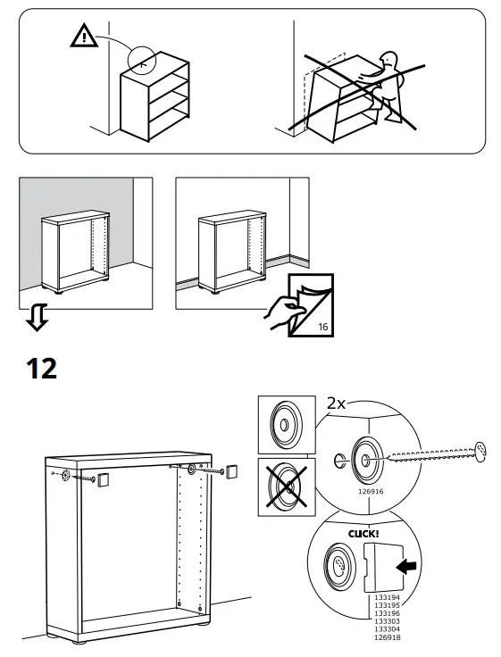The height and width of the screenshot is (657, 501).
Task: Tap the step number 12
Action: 41,368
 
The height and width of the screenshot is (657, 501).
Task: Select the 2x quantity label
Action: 337,403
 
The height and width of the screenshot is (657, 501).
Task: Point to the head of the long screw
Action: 480,451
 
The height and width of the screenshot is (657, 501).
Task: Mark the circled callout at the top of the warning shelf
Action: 142,60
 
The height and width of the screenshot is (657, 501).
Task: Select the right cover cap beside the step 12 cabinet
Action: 232,470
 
